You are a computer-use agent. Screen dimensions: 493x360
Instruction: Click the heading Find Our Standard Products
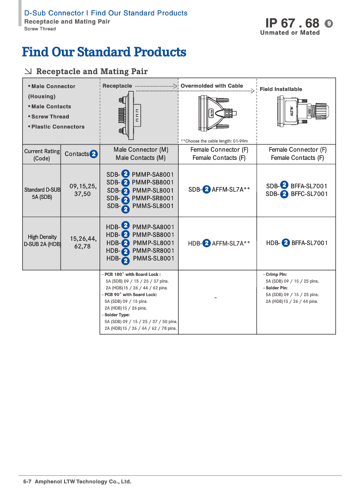104,52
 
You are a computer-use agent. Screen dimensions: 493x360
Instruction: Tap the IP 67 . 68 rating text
292,23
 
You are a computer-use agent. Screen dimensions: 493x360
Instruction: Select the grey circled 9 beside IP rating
329,23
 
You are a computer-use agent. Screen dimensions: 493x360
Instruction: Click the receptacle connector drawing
131,114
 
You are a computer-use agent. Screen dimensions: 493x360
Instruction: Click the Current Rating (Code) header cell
42,155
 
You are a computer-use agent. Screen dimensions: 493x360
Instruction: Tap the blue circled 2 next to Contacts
94,154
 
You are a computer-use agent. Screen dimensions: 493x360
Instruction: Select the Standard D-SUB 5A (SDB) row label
42,193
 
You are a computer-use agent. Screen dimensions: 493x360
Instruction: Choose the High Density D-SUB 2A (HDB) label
42,240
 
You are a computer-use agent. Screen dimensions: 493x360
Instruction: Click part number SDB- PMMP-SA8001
140,174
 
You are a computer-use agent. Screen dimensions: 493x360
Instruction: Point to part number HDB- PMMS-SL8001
140,259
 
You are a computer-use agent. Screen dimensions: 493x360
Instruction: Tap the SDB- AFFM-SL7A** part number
219,190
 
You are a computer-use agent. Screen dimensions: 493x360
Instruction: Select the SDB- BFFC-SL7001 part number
296,194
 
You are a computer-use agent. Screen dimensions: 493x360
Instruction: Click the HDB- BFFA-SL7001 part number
296,243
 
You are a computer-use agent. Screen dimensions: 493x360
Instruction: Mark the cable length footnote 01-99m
214,141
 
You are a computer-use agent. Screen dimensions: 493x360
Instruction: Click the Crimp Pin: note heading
276,274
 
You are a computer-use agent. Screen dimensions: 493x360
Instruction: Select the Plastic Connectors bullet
58,127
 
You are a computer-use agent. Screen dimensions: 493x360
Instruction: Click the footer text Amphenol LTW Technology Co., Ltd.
83,481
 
